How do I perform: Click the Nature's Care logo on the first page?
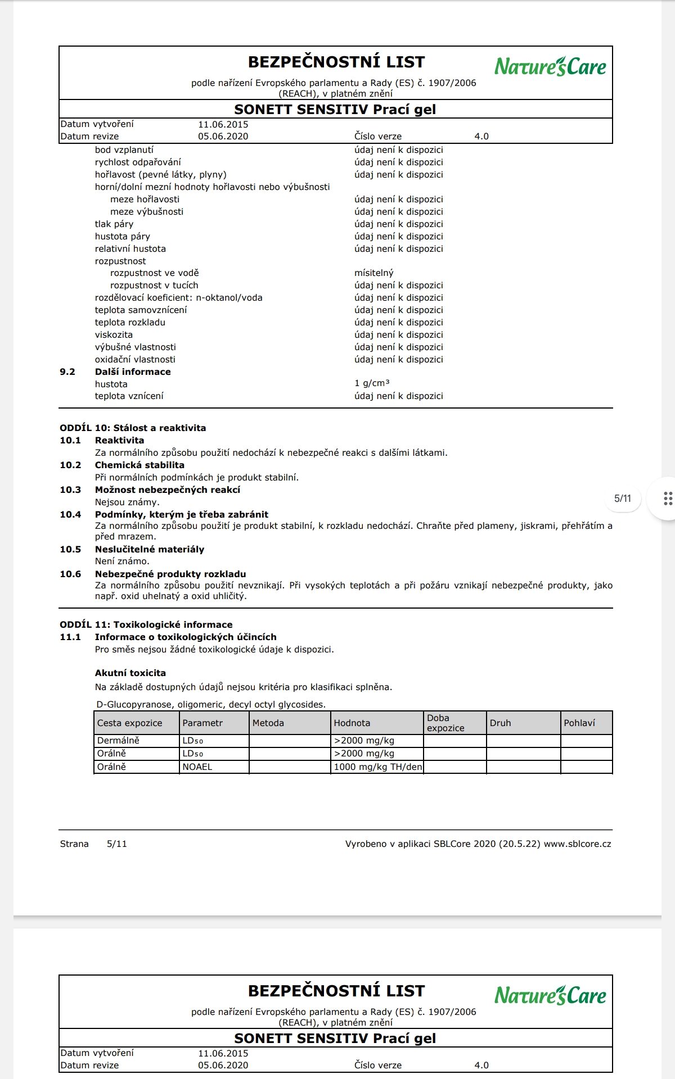550,67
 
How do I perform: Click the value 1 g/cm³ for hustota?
372,384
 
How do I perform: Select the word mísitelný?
374,273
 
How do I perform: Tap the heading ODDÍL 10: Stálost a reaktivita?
133,428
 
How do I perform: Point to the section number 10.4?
70,514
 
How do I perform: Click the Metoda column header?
268,723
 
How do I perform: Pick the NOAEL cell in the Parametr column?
197,767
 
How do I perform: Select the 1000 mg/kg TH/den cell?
377,767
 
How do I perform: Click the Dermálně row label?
118,741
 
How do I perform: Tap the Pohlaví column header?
579,723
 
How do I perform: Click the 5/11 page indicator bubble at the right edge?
623,498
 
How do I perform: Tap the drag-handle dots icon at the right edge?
668,498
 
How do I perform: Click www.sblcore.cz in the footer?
578,844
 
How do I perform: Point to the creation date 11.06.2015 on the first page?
223,125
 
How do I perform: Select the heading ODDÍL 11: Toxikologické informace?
146,624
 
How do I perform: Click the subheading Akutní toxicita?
130,673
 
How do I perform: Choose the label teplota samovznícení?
141,310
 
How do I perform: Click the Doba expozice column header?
445,723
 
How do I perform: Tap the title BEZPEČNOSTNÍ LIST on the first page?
336,62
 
